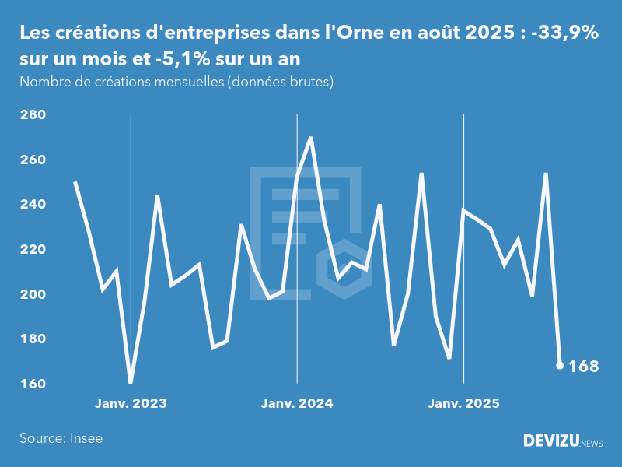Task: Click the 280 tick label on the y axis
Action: [x=32, y=115]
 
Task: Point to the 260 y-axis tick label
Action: [x=32, y=160]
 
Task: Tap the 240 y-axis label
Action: [x=32, y=205]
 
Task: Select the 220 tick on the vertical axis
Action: [x=32, y=250]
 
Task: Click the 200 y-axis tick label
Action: [x=32, y=295]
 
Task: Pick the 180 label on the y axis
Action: [x=32, y=339]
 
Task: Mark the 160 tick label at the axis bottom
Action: [x=32, y=384]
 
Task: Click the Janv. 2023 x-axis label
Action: [x=131, y=404]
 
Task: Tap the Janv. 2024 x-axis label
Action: [x=297, y=404]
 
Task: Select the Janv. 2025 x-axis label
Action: [x=463, y=404]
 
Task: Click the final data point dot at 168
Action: [x=560, y=365]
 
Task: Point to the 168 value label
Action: [x=584, y=366]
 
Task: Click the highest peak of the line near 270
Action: [x=311, y=138]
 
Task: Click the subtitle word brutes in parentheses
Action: [x=308, y=82]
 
